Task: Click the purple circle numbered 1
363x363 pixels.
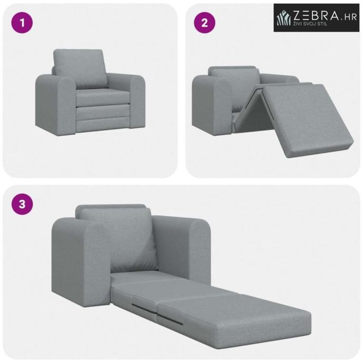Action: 22,23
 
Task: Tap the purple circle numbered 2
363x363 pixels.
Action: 205,23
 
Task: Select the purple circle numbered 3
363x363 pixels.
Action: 22,204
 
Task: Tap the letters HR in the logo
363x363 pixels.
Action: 351,17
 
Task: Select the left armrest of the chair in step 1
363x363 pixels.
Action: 56,104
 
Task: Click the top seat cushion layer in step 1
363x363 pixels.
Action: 103,97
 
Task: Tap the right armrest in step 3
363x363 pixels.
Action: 183,248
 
